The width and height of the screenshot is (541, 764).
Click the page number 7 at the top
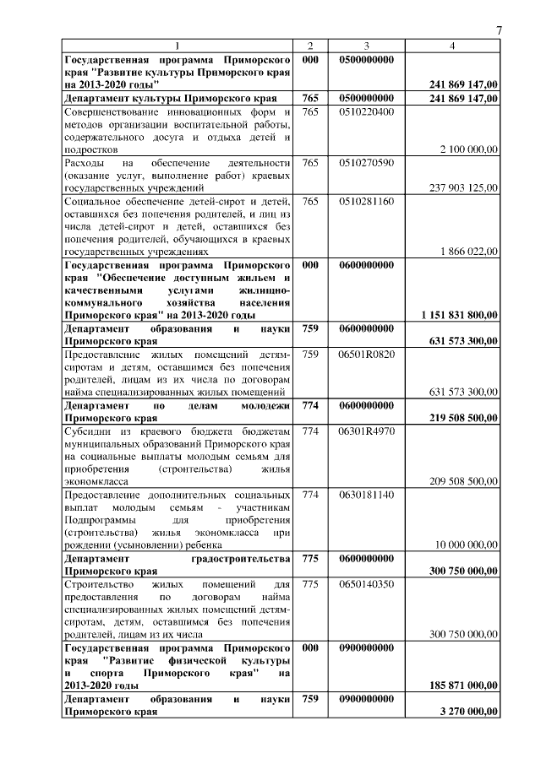point(499,31)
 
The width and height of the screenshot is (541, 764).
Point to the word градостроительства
point(238,558)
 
